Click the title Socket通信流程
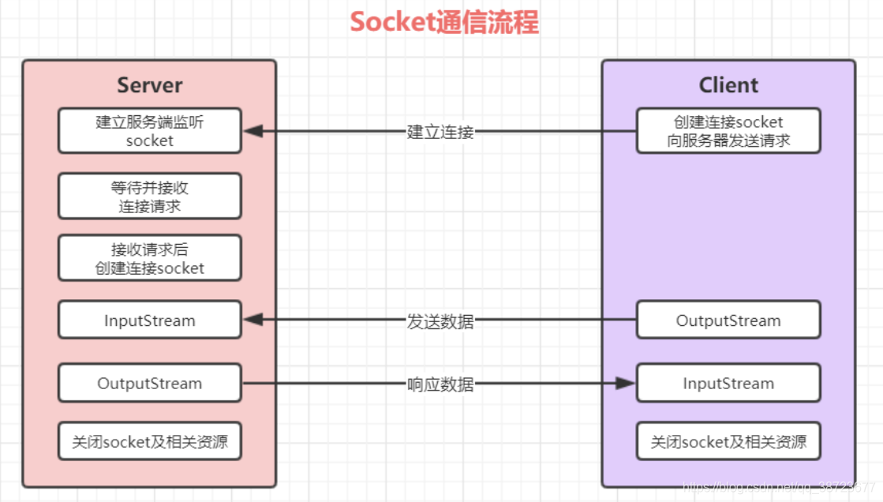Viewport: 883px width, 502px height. pyautogui.click(x=444, y=22)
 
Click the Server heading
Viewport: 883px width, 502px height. pyautogui.click(x=149, y=85)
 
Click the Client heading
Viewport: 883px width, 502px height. pyautogui.click(x=728, y=85)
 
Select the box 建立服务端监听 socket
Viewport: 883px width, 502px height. pyautogui.click(x=149, y=131)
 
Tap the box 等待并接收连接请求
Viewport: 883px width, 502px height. pyautogui.click(x=149, y=197)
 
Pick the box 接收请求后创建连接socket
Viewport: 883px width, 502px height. pyautogui.click(x=149, y=258)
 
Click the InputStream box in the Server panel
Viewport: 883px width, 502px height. pyautogui.click(x=149, y=320)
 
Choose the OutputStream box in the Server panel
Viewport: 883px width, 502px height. pyautogui.click(x=149, y=384)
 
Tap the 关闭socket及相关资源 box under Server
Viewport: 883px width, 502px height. pyautogui.click(x=149, y=442)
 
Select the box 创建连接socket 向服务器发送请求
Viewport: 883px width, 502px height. pyautogui.click(x=728, y=131)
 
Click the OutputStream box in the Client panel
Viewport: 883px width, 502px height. pyautogui.click(x=728, y=320)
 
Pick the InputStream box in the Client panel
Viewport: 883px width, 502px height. pyautogui.click(x=728, y=384)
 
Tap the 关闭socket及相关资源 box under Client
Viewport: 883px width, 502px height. pyautogui.click(x=728, y=442)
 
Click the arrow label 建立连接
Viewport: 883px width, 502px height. pyautogui.click(x=440, y=132)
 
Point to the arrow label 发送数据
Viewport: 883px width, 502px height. pyautogui.click(x=440, y=321)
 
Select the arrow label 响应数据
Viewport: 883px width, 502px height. pyautogui.click(x=440, y=384)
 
